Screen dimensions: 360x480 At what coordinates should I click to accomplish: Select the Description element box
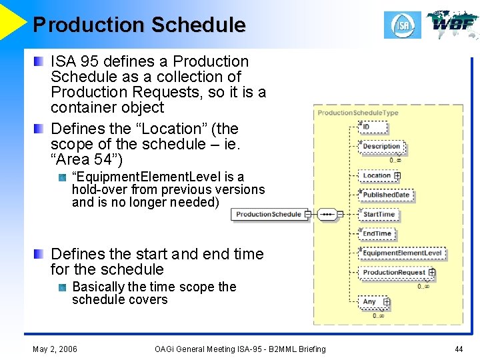(381, 146)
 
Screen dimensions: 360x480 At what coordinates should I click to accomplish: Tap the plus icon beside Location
(397, 176)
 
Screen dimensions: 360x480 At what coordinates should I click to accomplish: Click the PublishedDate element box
(386, 195)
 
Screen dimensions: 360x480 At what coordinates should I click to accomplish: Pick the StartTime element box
(379, 214)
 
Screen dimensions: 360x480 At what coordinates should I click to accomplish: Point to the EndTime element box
(377, 233)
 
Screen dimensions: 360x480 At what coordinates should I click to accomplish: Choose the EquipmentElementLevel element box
(402, 253)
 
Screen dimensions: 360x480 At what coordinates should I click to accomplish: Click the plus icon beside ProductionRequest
(432, 272)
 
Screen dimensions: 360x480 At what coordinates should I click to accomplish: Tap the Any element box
(369, 302)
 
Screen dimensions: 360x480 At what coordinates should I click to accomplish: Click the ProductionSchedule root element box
(268, 214)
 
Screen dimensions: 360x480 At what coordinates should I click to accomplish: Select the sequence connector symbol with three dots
(327, 214)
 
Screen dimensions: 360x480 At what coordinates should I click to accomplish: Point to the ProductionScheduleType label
(357, 113)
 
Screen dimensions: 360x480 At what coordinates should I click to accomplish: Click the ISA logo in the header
(403, 25)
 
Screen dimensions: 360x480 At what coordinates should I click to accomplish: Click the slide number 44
(459, 349)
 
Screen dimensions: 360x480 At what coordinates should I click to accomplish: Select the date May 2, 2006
(55, 349)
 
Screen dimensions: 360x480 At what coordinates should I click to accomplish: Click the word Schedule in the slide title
(198, 25)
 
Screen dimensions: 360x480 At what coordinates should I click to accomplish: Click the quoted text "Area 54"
(87, 159)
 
